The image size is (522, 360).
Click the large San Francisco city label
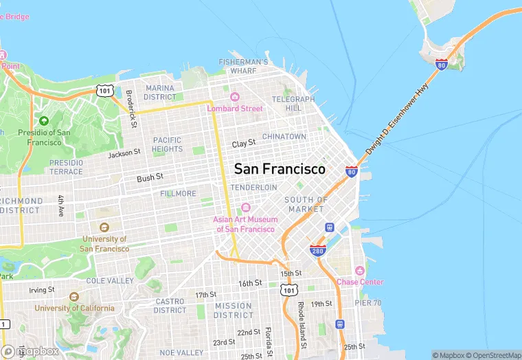tap(280, 169)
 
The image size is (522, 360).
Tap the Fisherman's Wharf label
tap(243, 66)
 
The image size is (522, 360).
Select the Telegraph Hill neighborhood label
tap(293, 104)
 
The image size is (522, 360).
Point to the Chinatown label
tap(284, 137)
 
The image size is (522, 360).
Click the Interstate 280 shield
tap(317, 250)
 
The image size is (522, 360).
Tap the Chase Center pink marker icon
tap(359, 271)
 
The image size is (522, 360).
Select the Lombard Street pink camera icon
tap(234, 97)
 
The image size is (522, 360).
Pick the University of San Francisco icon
tap(104, 227)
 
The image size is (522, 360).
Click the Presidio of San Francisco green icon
tap(44, 121)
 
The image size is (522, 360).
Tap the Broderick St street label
tap(130, 109)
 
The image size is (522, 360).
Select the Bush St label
tap(150, 177)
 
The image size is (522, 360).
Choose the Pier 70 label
tap(368, 303)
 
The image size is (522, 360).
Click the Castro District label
tap(170, 306)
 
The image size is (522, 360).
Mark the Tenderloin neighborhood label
tap(253, 188)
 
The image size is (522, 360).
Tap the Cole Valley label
tap(110, 281)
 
